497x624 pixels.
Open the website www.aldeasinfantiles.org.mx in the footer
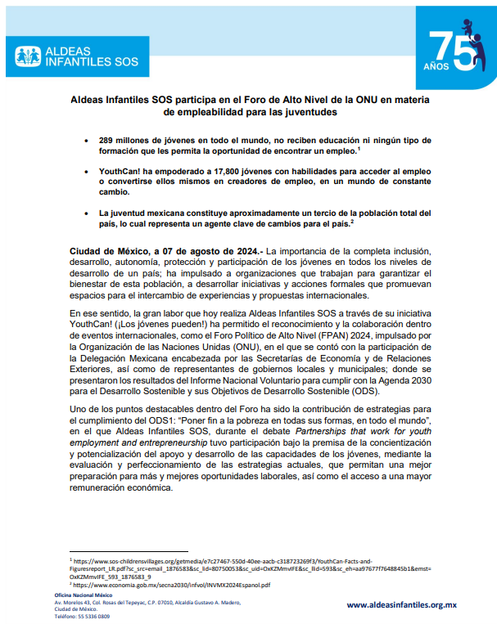401,604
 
